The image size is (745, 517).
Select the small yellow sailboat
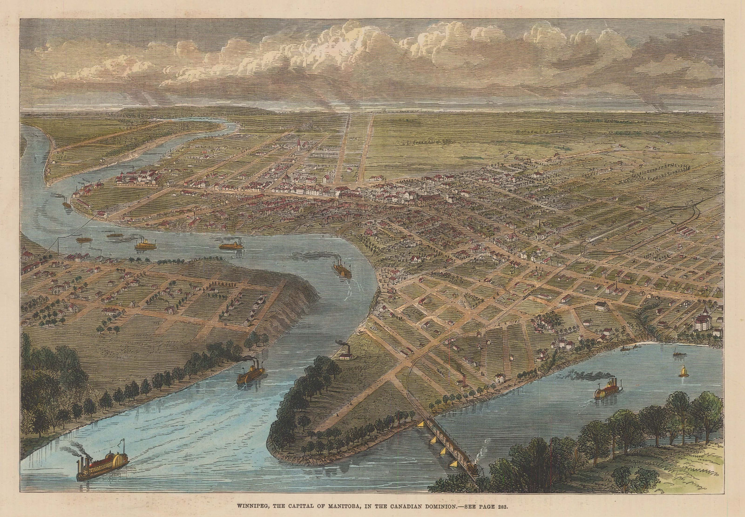(684, 372)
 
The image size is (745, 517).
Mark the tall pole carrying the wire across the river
(58, 244)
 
